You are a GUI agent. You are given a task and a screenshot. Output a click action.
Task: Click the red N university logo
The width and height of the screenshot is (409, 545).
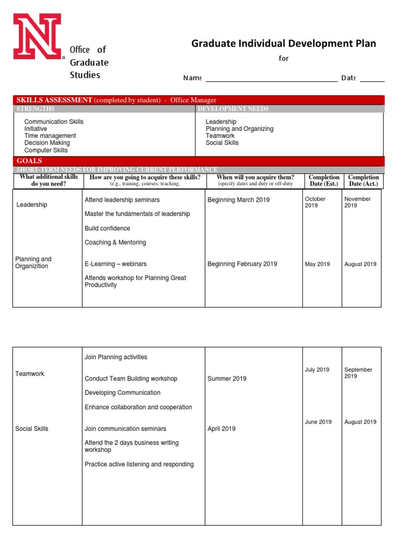tap(37, 36)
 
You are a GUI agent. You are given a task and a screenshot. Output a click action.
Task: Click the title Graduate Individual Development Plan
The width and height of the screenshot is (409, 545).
tap(283, 44)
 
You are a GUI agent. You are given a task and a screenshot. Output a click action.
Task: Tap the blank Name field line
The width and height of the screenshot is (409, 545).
tap(271, 79)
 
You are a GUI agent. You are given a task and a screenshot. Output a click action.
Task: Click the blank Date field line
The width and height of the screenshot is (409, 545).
tap(372, 79)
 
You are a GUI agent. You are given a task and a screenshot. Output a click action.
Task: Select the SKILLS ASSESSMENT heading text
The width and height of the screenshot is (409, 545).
tap(55, 100)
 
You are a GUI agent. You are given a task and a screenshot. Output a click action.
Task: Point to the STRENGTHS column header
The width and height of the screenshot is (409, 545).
tap(36, 109)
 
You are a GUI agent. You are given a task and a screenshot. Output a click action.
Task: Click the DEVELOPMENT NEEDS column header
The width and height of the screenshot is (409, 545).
tap(233, 109)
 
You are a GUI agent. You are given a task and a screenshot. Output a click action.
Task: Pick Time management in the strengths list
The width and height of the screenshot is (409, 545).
tap(50, 136)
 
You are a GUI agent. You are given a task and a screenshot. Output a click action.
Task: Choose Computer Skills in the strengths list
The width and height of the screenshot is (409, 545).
tap(46, 150)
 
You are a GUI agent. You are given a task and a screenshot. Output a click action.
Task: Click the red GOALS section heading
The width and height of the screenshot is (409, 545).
tap(29, 161)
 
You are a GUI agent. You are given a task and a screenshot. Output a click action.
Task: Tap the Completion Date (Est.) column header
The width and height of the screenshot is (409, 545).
tap(323, 180)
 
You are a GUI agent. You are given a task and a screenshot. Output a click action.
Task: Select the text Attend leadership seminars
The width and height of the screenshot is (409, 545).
tap(122, 200)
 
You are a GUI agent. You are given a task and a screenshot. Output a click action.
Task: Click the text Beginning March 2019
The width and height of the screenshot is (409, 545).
tap(239, 200)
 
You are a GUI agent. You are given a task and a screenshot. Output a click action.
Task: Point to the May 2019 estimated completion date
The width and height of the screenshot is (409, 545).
tap(317, 264)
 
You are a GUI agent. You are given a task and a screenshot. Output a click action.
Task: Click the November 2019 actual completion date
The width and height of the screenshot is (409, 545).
tap(357, 202)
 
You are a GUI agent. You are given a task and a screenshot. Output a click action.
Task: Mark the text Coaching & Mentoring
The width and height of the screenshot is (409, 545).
tap(115, 242)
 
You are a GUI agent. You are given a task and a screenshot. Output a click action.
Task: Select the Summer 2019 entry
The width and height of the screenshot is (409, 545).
tap(227, 378)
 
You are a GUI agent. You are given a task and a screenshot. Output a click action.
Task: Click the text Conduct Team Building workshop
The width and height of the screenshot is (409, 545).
tap(131, 378)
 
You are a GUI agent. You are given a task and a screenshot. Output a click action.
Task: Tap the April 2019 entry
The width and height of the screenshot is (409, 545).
tap(221, 428)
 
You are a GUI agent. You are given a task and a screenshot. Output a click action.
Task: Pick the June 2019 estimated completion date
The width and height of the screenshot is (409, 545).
tap(318, 422)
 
